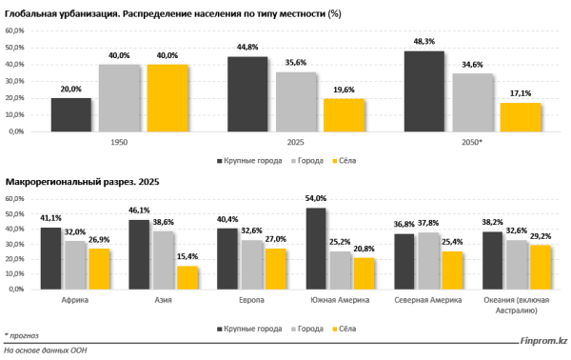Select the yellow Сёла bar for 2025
(x=345, y=115)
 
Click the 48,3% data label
(x=423, y=42)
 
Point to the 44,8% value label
(x=247, y=48)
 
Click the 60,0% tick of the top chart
(x=16, y=30)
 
